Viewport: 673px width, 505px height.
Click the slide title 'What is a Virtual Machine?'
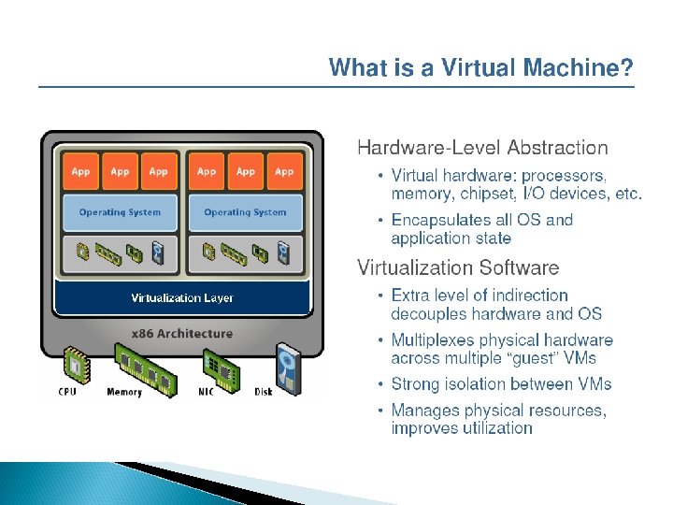(480, 68)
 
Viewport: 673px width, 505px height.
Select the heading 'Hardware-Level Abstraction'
(482, 148)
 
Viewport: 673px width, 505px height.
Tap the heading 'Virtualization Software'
(458, 268)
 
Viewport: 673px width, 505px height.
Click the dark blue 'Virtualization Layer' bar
(182, 298)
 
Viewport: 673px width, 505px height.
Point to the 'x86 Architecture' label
(182, 334)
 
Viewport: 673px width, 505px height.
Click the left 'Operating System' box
(120, 212)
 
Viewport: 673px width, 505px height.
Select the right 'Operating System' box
(245, 212)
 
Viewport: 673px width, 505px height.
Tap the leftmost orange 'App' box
(81, 171)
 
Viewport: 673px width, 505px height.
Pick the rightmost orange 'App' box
(284, 171)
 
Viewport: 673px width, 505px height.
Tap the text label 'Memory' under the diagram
(124, 392)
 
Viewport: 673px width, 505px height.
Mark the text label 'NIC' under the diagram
(206, 392)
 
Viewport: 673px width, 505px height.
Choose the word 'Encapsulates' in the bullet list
(442, 221)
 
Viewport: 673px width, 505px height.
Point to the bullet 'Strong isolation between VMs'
(501, 384)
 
